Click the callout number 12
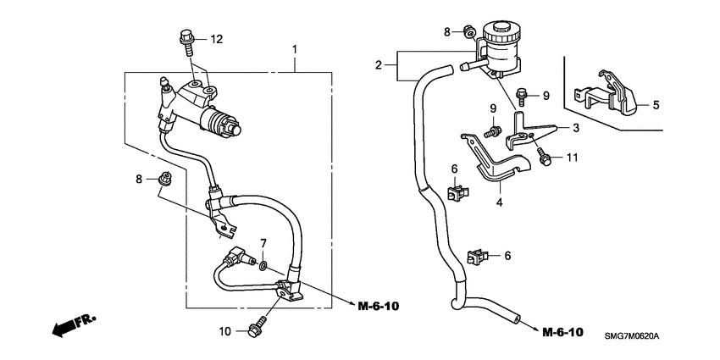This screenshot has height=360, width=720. click(216, 38)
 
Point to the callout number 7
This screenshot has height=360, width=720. click(263, 244)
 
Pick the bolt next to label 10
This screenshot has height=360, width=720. click(256, 330)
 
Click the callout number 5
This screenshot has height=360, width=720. click(654, 106)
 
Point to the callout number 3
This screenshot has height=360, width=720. click(574, 128)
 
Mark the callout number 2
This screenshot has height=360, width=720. click(380, 64)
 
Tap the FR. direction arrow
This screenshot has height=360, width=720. click(72, 324)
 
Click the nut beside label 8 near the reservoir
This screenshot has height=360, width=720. click(468, 32)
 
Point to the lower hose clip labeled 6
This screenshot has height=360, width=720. click(478, 255)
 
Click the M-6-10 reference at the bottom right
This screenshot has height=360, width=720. click(562, 330)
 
